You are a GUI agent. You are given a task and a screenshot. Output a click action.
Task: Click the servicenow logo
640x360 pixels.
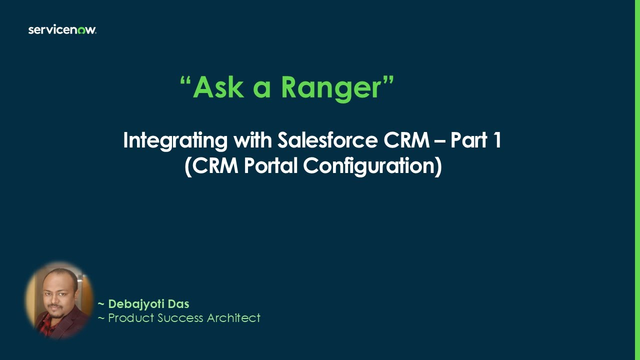point(62,30)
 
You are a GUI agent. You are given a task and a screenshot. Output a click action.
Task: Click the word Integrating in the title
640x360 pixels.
point(175,140)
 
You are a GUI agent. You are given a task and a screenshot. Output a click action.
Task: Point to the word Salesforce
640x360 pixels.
point(327,140)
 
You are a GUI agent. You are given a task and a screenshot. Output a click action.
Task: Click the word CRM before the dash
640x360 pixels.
point(406,140)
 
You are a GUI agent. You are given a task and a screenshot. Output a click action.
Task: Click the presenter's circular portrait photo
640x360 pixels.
point(59,300)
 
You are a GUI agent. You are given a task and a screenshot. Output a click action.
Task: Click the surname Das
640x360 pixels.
point(179,304)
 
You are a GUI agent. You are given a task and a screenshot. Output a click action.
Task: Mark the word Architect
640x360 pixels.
point(234,318)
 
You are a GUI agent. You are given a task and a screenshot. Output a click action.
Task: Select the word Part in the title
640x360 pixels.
point(469,140)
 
